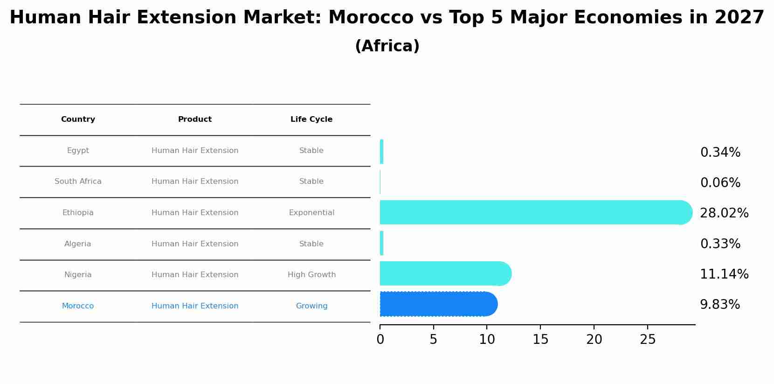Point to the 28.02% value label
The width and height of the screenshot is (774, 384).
tap(724, 213)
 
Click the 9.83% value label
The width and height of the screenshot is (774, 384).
tap(719, 305)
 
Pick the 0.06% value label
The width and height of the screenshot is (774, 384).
tap(720, 183)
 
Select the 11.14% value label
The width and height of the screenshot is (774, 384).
tap(724, 274)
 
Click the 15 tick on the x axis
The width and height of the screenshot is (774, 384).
tap(540, 340)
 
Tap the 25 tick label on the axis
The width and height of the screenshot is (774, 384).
tap(648, 340)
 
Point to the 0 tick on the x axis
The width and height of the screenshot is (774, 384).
tap(380, 340)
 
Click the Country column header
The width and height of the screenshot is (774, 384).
tap(78, 119)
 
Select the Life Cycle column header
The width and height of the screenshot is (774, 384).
tap(311, 119)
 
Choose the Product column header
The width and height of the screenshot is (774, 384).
tap(195, 119)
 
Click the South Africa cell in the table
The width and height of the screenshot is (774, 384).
tap(78, 182)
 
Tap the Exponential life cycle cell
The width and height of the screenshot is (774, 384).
tap(311, 213)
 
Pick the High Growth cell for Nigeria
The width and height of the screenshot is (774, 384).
tap(311, 275)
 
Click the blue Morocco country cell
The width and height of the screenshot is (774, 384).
tap(78, 306)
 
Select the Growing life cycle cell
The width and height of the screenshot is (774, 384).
tap(311, 306)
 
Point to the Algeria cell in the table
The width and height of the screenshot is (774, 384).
tap(78, 244)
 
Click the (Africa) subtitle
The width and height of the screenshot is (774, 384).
tap(387, 46)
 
